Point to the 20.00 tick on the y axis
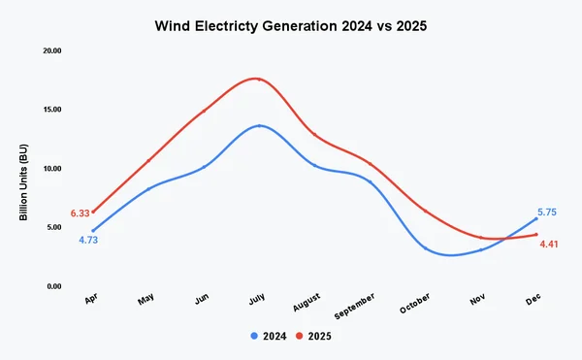click(x=49, y=50)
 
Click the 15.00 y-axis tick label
click(x=49, y=110)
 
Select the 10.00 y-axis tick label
click(x=49, y=169)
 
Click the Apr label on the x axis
click(x=91, y=301)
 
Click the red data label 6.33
click(x=80, y=213)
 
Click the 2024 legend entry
click(x=269, y=336)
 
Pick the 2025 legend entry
click(x=317, y=336)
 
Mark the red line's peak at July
click(x=259, y=80)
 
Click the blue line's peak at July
click(x=259, y=126)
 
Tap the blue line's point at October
click(x=425, y=248)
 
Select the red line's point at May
click(x=148, y=160)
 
